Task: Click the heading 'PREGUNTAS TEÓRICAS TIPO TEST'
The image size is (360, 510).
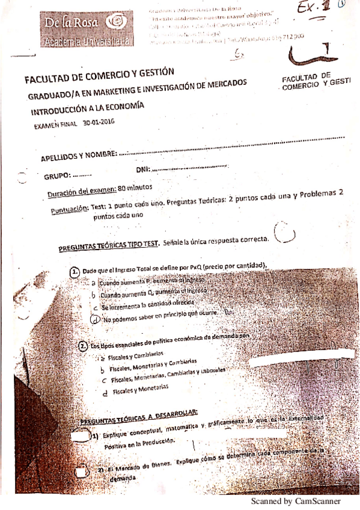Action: pyautogui.click(x=108, y=245)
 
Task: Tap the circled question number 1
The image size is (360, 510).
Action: pyautogui.click(x=75, y=271)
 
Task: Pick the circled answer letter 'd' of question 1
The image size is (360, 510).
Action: pyautogui.click(x=94, y=319)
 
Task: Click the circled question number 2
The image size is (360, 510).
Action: pyautogui.click(x=83, y=346)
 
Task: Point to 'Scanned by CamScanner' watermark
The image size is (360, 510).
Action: pyautogui.click(x=295, y=501)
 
